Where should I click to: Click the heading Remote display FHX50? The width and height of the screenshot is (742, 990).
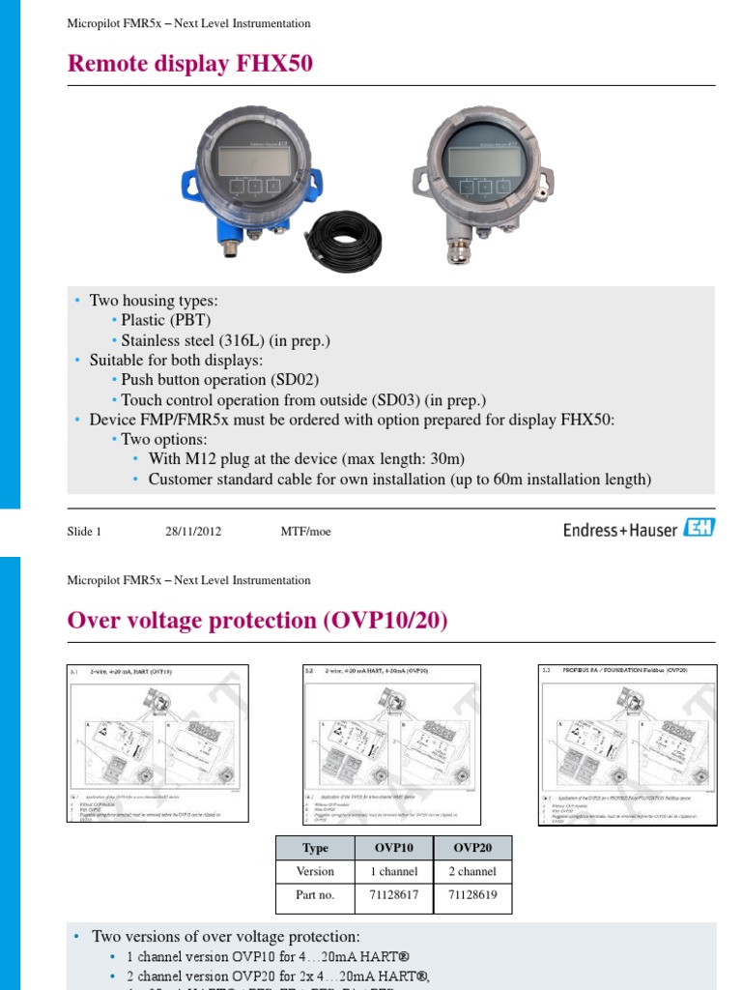[x=190, y=64]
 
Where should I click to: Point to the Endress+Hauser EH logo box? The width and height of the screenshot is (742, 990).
[x=699, y=528]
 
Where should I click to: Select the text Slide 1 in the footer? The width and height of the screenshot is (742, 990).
[x=84, y=531]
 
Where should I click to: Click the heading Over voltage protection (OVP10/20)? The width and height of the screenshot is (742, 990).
[x=258, y=621]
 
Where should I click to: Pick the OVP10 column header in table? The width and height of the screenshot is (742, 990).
[x=394, y=848]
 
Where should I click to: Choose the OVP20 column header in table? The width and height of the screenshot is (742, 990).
[x=472, y=848]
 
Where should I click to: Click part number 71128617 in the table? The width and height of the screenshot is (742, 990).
[x=394, y=895]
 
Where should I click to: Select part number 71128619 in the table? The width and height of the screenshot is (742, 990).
[x=472, y=895]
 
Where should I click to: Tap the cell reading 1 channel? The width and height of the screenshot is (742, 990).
[x=394, y=871]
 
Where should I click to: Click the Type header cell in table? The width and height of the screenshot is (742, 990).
[x=315, y=848]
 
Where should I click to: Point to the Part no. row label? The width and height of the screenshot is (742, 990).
[x=315, y=895]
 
